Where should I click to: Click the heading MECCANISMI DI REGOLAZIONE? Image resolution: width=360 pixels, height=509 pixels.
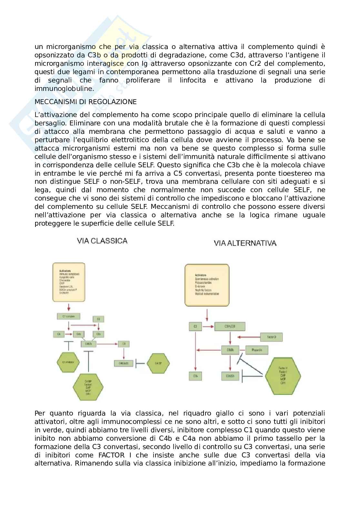[x=85, y=102]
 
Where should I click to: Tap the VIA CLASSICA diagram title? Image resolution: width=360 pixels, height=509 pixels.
[x=102, y=241]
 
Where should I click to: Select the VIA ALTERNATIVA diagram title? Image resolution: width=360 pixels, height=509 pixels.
[x=245, y=243]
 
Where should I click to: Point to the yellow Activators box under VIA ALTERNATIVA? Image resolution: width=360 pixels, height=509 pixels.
[x=207, y=285]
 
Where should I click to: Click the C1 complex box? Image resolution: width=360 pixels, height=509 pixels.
[x=68, y=317]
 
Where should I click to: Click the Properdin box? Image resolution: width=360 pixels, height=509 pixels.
[x=257, y=350]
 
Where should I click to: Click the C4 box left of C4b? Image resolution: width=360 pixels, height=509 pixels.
[x=59, y=334]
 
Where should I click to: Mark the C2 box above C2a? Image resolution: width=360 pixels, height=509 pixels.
[x=98, y=319]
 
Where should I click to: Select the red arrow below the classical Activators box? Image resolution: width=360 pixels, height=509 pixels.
[x=68, y=307]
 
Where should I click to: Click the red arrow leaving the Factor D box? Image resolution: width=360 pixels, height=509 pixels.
[x=248, y=338]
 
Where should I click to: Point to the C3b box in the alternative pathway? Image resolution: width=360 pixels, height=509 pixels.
[x=195, y=376]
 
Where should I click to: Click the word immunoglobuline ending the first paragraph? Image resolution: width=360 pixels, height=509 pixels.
[x=64, y=89]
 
